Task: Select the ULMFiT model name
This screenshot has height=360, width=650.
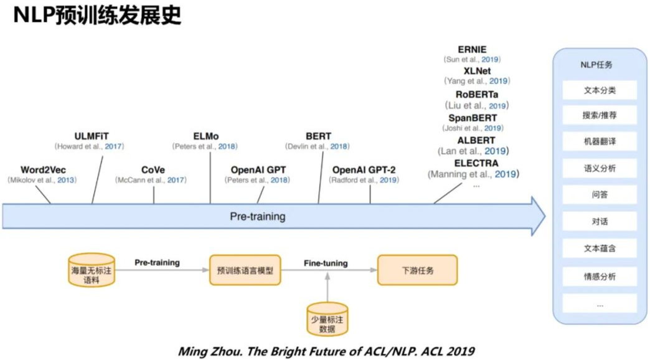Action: [x=92, y=136]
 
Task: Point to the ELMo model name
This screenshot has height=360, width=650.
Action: [x=206, y=136]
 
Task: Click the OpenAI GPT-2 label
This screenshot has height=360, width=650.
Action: [x=364, y=169]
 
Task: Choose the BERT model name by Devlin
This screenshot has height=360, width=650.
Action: [x=318, y=136]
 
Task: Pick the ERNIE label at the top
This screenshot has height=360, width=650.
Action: [x=472, y=49]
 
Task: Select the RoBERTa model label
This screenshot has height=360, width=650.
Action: [x=476, y=94]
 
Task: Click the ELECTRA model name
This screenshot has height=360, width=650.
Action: [x=476, y=163]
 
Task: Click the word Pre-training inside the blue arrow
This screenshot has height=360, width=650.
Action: [x=257, y=217]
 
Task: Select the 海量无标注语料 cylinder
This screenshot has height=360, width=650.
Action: [x=92, y=270]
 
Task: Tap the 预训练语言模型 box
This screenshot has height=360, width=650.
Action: [x=245, y=270]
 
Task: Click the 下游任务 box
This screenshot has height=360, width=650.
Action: [x=417, y=270]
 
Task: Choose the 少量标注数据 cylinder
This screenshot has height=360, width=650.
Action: [x=327, y=320]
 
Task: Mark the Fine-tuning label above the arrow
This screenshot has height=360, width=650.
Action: [x=326, y=263]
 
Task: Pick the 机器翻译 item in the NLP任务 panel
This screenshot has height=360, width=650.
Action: [x=600, y=141]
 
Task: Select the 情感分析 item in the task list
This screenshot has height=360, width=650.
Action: [x=600, y=276]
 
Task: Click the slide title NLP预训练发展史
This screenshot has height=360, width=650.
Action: [x=97, y=16]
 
